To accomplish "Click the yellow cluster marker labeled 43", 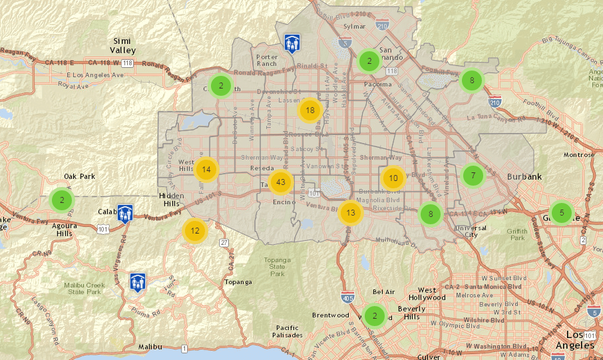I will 281,182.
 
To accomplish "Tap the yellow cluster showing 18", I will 309,110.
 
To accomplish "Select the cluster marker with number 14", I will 207,169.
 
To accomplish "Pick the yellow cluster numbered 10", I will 393,178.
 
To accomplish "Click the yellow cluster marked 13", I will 351,213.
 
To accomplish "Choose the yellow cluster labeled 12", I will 194,231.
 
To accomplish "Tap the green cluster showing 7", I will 473,176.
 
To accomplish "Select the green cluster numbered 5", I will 562,213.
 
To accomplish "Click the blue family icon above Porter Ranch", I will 292,43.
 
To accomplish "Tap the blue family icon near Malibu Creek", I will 138,282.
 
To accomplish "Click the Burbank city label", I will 524,177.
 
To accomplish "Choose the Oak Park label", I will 79,176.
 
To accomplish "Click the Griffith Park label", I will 516,234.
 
